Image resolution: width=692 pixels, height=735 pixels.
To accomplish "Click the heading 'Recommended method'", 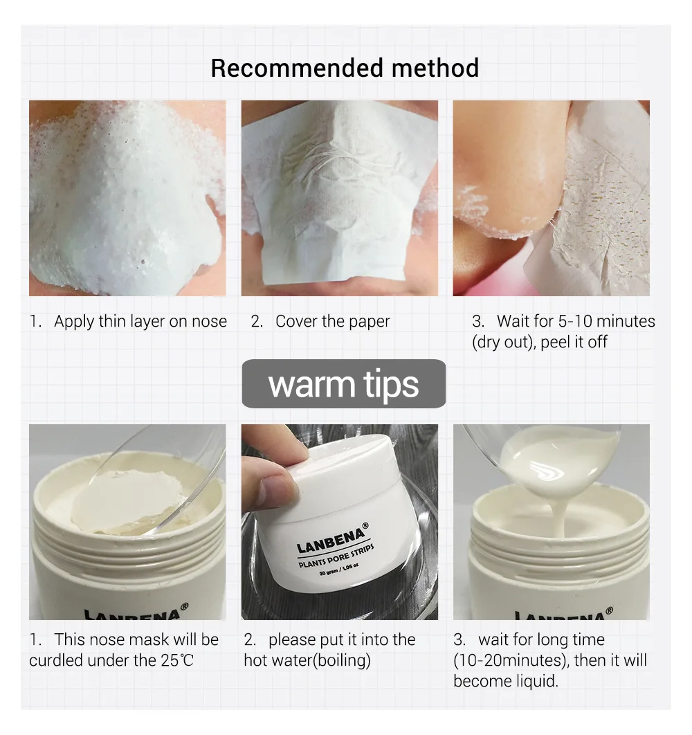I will coord(345,69).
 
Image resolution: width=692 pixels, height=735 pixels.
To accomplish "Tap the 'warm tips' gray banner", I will coord(343,384).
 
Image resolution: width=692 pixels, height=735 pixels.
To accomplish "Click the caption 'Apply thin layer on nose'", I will coord(140,321).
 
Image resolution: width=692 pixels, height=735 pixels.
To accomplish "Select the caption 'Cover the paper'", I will coord(332,321).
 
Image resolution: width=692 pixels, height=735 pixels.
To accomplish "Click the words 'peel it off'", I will coord(574,342).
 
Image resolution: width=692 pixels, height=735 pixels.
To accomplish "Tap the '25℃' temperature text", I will coord(178,660).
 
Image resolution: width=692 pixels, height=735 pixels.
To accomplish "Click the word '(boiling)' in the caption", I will coord(342,660).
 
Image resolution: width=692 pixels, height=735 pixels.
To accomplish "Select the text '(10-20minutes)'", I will coord(512,660).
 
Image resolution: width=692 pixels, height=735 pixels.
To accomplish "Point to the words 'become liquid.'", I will coord(505,681).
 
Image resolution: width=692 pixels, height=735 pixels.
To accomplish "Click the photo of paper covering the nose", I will coord(339,198).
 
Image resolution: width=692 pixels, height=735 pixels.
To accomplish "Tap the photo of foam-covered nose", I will coord(127,198).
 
